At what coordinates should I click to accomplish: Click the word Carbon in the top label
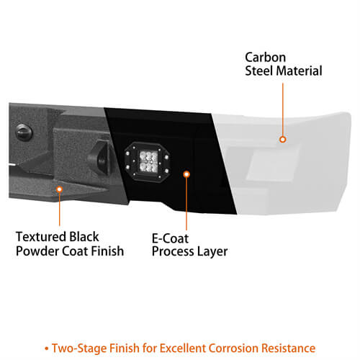(265, 58)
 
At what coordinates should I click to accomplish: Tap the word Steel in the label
(260, 71)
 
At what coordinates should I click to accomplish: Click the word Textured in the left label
(41, 237)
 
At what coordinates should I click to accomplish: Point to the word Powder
(37, 251)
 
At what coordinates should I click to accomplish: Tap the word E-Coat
(170, 238)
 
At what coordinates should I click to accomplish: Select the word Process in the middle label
(173, 251)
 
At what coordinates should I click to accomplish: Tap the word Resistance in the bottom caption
(289, 348)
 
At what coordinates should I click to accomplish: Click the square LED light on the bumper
(148, 161)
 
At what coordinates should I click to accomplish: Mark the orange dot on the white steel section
(283, 140)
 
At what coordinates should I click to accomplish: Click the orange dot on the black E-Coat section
(186, 174)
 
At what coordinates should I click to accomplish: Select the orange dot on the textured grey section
(59, 189)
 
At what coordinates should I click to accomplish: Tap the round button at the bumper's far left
(24, 132)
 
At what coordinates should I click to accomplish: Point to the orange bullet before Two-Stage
(47, 348)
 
